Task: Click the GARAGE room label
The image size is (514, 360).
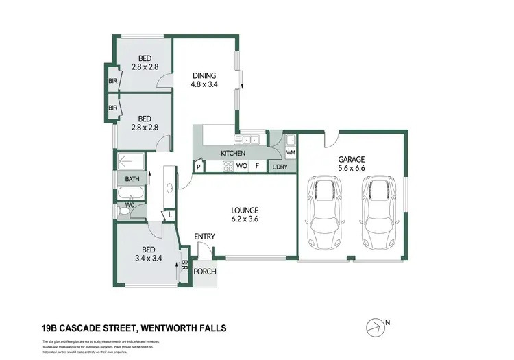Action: (351, 159)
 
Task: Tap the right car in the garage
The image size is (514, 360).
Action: (376, 214)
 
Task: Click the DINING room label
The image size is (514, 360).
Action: (204, 76)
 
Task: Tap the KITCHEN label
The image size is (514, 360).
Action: (233, 153)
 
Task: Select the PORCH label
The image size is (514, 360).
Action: (205, 272)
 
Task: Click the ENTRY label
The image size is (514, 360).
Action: (205, 237)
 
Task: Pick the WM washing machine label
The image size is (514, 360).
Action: (290, 152)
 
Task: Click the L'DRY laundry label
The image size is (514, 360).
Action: (280, 167)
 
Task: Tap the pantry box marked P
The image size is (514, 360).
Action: (199, 167)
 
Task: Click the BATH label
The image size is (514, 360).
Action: (132, 180)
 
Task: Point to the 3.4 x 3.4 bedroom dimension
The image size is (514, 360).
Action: (147, 259)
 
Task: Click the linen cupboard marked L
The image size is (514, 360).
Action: (169, 215)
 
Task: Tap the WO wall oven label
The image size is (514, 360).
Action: (241, 166)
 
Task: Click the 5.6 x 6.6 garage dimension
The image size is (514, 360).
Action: (351, 169)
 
